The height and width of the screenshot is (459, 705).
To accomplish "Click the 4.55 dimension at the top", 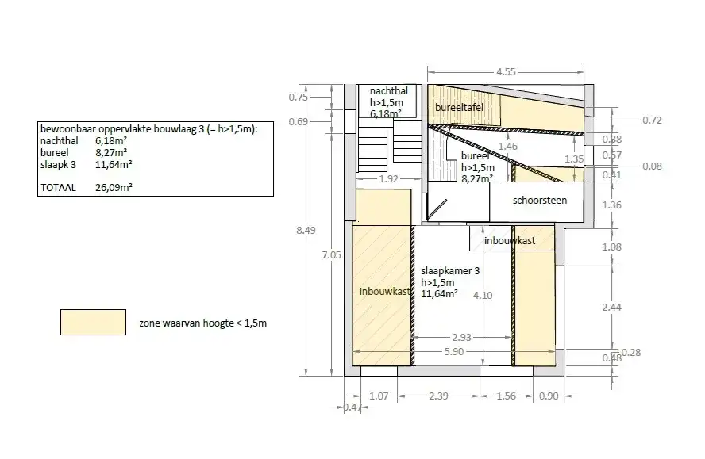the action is pyautogui.click(x=506, y=72).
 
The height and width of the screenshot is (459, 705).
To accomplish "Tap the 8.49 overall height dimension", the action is pyautogui.click(x=306, y=231).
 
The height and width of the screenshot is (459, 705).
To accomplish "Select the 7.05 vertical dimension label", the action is pyautogui.click(x=331, y=255).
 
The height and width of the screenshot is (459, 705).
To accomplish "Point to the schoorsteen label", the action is pyautogui.click(x=540, y=201).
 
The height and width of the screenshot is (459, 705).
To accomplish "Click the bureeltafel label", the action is pyautogui.click(x=459, y=107).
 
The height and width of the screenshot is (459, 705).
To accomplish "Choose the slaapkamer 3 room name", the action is pyautogui.click(x=450, y=271).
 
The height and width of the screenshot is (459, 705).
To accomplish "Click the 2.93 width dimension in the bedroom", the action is pyautogui.click(x=461, y=337).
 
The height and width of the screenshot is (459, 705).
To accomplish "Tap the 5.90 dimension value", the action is pyautogui.click(x=453, y=352).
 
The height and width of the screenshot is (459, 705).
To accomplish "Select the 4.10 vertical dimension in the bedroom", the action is pyautogui.click(x=483, y=296).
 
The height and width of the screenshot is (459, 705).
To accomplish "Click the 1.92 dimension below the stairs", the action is pyautogui.click(x=388, y=178).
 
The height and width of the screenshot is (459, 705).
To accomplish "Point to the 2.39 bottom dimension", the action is pyautogui.click(x=438, y=396).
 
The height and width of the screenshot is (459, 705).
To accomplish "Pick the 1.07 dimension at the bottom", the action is pyautogui.click(x=379, y=396).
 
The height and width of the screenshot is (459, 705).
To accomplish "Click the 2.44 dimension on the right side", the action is pyautogui.click(x=611, y=308).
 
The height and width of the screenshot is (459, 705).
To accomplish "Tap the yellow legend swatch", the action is pyautogui.click(x=93, y=322).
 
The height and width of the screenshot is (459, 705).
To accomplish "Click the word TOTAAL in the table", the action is pyautogui.click(x=58, y=188).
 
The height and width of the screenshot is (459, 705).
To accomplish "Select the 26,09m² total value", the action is pyautogui.click(x=114, y=187).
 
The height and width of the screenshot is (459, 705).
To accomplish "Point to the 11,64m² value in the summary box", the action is pyautogui.click(x=114, y=164).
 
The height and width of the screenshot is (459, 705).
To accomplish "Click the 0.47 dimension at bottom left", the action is pyautogui.click(x=352, y=407).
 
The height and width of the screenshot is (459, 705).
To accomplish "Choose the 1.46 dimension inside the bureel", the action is pyautogui.click(x=507, y=147).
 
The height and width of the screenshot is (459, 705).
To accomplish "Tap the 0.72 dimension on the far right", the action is pyautogui.click(x=652, y=120).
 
